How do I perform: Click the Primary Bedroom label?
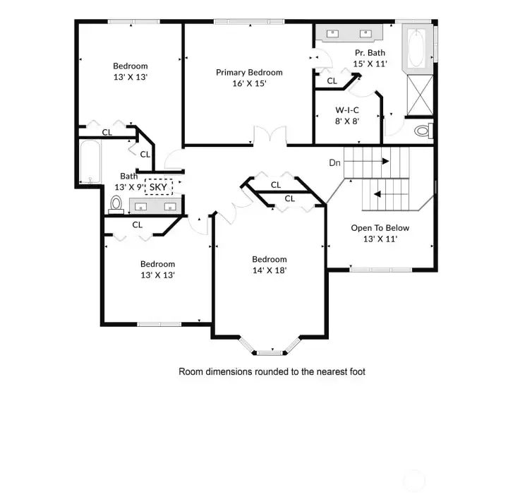coord(249,72)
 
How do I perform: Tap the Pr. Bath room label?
coord(369,53)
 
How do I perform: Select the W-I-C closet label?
coord(347,109)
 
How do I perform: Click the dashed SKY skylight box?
coord(159,187)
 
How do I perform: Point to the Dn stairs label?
coord(335,163)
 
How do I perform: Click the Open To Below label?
coord(380,228)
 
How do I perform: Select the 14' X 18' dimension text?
coord(270,270)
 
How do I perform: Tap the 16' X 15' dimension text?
coord(249,83)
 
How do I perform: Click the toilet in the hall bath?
coord(117,204)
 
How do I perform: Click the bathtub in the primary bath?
coord(414,47)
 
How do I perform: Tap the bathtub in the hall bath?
coord(89,162)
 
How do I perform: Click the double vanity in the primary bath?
coord(349,33)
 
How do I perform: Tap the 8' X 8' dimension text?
coord(347,121)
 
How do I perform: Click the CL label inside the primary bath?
coord(332,80)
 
